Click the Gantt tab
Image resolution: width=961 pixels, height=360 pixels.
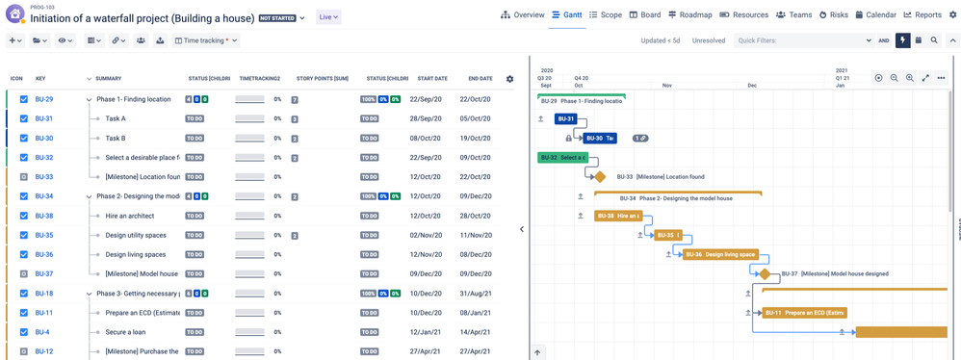tap(567, 15)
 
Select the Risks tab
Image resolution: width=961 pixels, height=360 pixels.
tap(835, 15)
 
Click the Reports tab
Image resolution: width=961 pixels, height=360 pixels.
tap(922, 15)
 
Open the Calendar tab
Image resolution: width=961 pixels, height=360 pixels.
tap(874, 15)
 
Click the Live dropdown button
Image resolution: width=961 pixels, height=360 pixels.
tap(328, 17)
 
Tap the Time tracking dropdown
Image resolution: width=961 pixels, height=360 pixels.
tap(206, 40)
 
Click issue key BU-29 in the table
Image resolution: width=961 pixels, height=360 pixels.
tap(44, 99)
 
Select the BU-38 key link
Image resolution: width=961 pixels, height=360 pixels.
tap(44, 216)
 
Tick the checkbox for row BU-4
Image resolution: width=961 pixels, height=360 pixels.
tap(24, 332)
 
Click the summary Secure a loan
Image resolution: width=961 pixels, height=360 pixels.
tap(126, 332)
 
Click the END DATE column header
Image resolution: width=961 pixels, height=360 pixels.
tap(480, 78)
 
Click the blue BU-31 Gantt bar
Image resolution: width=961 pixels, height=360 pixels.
tap(565, 119)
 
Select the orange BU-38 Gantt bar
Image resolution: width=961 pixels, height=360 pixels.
tap(617, 216)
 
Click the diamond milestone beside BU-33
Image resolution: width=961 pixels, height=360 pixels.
tap(599, 177)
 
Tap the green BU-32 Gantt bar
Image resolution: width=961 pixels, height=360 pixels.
tap(561, 158)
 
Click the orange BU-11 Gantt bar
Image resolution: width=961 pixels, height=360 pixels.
tap(803, 313)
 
